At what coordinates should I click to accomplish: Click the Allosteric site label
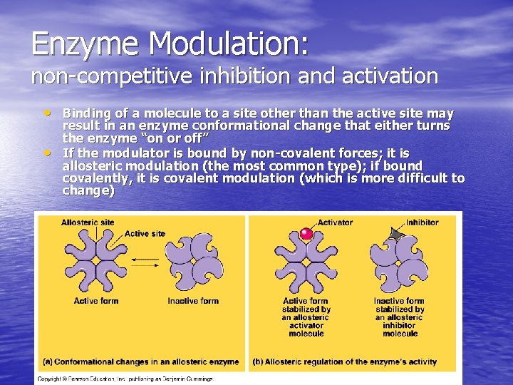click(x=87, y=222)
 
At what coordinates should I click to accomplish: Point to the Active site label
click(x=145, y=234)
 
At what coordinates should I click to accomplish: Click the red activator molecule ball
click(x=306, y=233)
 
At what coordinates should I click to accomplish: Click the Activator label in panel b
click(x=335, y=222)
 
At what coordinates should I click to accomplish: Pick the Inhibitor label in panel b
click(x=423, y=222)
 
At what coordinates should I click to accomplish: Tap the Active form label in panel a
click(x=96, y=301)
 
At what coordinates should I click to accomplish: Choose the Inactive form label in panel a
click(x=193, y=301)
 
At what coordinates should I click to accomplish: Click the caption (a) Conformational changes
click(x=141, y=361)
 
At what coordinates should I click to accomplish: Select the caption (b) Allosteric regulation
click(x=345, y=361)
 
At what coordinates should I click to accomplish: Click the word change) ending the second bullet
click(x=88, y=191)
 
